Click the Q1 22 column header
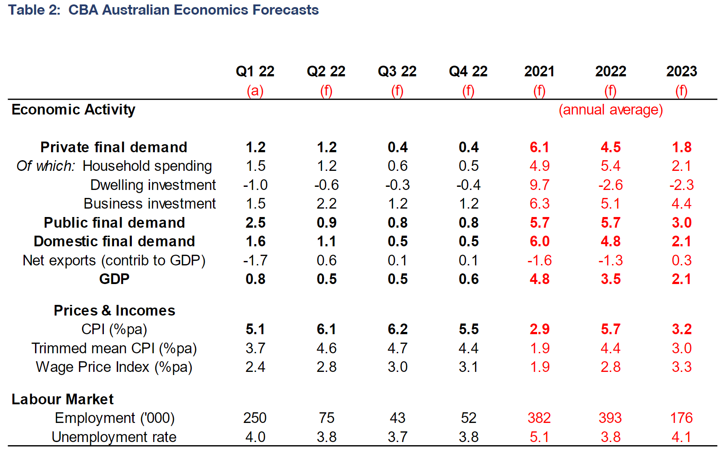255,71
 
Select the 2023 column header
681,71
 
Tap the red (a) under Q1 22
255,91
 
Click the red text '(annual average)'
610,110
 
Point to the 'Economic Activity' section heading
73,110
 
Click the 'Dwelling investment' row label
153,185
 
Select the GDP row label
114,279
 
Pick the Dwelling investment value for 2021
539,185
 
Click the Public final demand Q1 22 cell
255,223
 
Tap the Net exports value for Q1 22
255,261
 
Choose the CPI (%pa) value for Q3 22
397,329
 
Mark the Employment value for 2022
610,418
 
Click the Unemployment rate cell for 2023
681,437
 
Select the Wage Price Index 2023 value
681,367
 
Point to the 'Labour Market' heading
63,399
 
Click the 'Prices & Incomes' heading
114,311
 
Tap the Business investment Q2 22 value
326,204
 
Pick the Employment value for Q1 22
255,418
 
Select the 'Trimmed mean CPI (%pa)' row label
114,348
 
